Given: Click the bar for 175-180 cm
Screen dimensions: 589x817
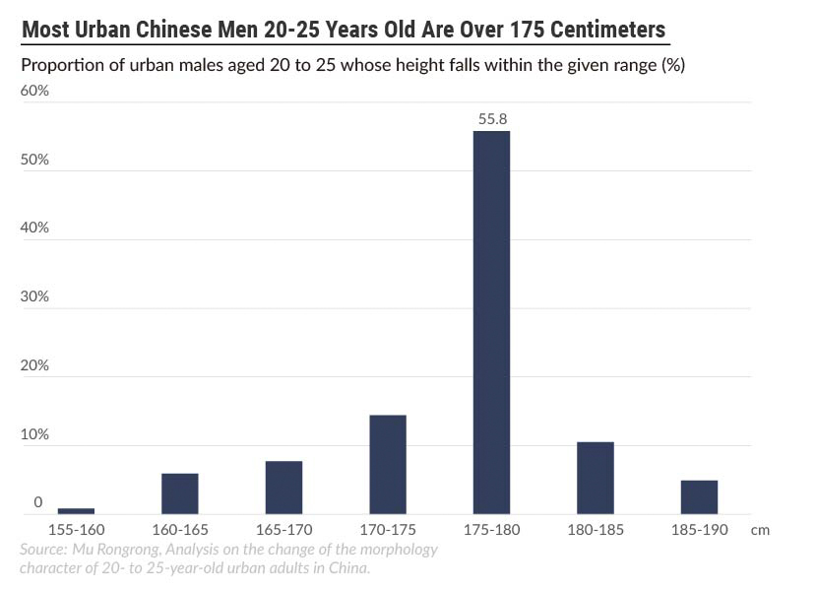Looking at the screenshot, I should [x=491, y=322].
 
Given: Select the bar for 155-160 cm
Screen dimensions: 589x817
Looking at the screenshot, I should [x=76, y=510].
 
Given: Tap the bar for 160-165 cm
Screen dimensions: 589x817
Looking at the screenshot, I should [x=180, y=493].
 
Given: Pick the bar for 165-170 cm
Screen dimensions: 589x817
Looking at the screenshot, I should [x=283, y=488].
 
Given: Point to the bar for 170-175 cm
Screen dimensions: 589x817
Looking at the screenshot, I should [x=388, y=464].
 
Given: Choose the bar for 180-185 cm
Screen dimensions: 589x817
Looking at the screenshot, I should [x=596, y=478].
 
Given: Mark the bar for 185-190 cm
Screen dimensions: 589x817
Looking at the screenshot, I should [x=699, y=496].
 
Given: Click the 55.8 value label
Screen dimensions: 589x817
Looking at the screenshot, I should [x=491, y=119].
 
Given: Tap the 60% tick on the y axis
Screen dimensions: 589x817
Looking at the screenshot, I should [x=34, y=91].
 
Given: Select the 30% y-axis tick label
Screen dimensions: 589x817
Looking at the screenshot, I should [x=34, y=296].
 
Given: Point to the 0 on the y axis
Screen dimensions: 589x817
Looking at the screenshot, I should [x=38, y=502].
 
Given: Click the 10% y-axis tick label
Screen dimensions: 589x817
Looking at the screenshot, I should [x=34, y=434].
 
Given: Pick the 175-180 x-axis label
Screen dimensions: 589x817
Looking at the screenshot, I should [x=491, y=529].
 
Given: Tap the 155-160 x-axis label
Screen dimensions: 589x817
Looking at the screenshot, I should [x=76, y=529].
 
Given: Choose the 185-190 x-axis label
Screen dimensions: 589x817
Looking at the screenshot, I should [x=699, y=529].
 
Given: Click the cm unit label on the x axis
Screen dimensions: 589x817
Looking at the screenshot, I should [x=759, y=529].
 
